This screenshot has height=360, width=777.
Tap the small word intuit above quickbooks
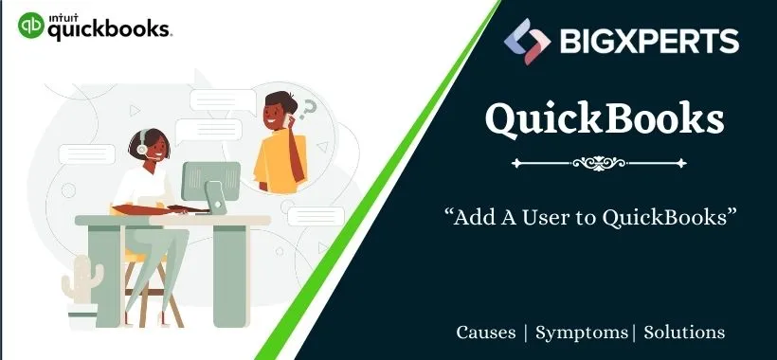click(x=65, y=15)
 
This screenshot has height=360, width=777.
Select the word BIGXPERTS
click(x=651, y=41)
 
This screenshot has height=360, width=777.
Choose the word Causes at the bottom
click(x=486, y=333)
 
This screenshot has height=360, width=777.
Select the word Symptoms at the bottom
click(x=581, y=333)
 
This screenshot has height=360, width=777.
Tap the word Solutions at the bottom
click(x=685, y=333)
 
